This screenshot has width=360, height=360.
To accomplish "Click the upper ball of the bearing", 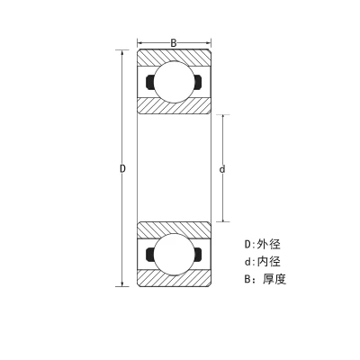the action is [x=175, y=82].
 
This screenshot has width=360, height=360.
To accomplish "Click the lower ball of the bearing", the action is [x=175, y=255].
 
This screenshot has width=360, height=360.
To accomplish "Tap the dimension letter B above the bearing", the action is [x=174, y=43].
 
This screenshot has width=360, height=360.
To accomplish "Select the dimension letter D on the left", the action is [x=122, y=168].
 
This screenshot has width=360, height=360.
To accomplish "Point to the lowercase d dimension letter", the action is [x=222, y=169].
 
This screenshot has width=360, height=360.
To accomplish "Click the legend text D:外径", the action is [x=263, y=244].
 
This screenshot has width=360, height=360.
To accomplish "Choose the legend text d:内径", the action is [x=263, y=262].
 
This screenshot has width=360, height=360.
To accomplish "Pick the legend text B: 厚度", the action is [x=265, y=279].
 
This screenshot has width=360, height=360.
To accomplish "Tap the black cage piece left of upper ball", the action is [x=149, y=82].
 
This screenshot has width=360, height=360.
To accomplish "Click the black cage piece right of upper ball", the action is [x=198, y=82].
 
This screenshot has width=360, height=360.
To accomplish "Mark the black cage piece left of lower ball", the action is [x=149, y=255].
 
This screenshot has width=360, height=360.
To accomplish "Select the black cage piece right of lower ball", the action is [x=198, y=255].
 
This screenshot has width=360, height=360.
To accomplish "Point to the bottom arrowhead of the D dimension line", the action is [x=122, y=283].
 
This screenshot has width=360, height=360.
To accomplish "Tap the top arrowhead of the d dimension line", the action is [x=222, y=118].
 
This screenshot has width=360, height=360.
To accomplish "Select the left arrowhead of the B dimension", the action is [x=140, y=43].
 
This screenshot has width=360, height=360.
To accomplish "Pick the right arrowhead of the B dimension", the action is [x=208, y=43].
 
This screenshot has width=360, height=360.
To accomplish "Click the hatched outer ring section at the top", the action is [x=175, y=56].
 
